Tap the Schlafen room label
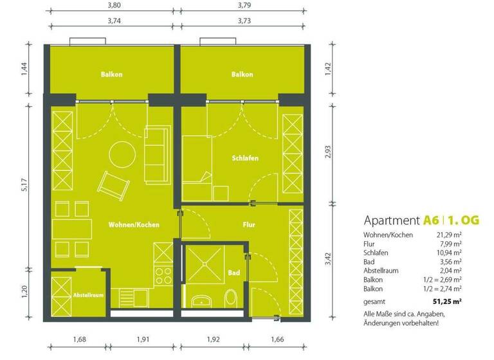[x=245, y=157]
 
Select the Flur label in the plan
[x=249, y=225]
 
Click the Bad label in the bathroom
[x=234, y=274]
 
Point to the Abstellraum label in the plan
[x=70, y=296]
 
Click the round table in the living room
[x=121, y=154]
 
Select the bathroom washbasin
[x=201, y=300]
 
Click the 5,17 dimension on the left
[x=25, y=186]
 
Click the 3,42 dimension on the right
[x=327, y=260]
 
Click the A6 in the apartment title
[x=431, y=221]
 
